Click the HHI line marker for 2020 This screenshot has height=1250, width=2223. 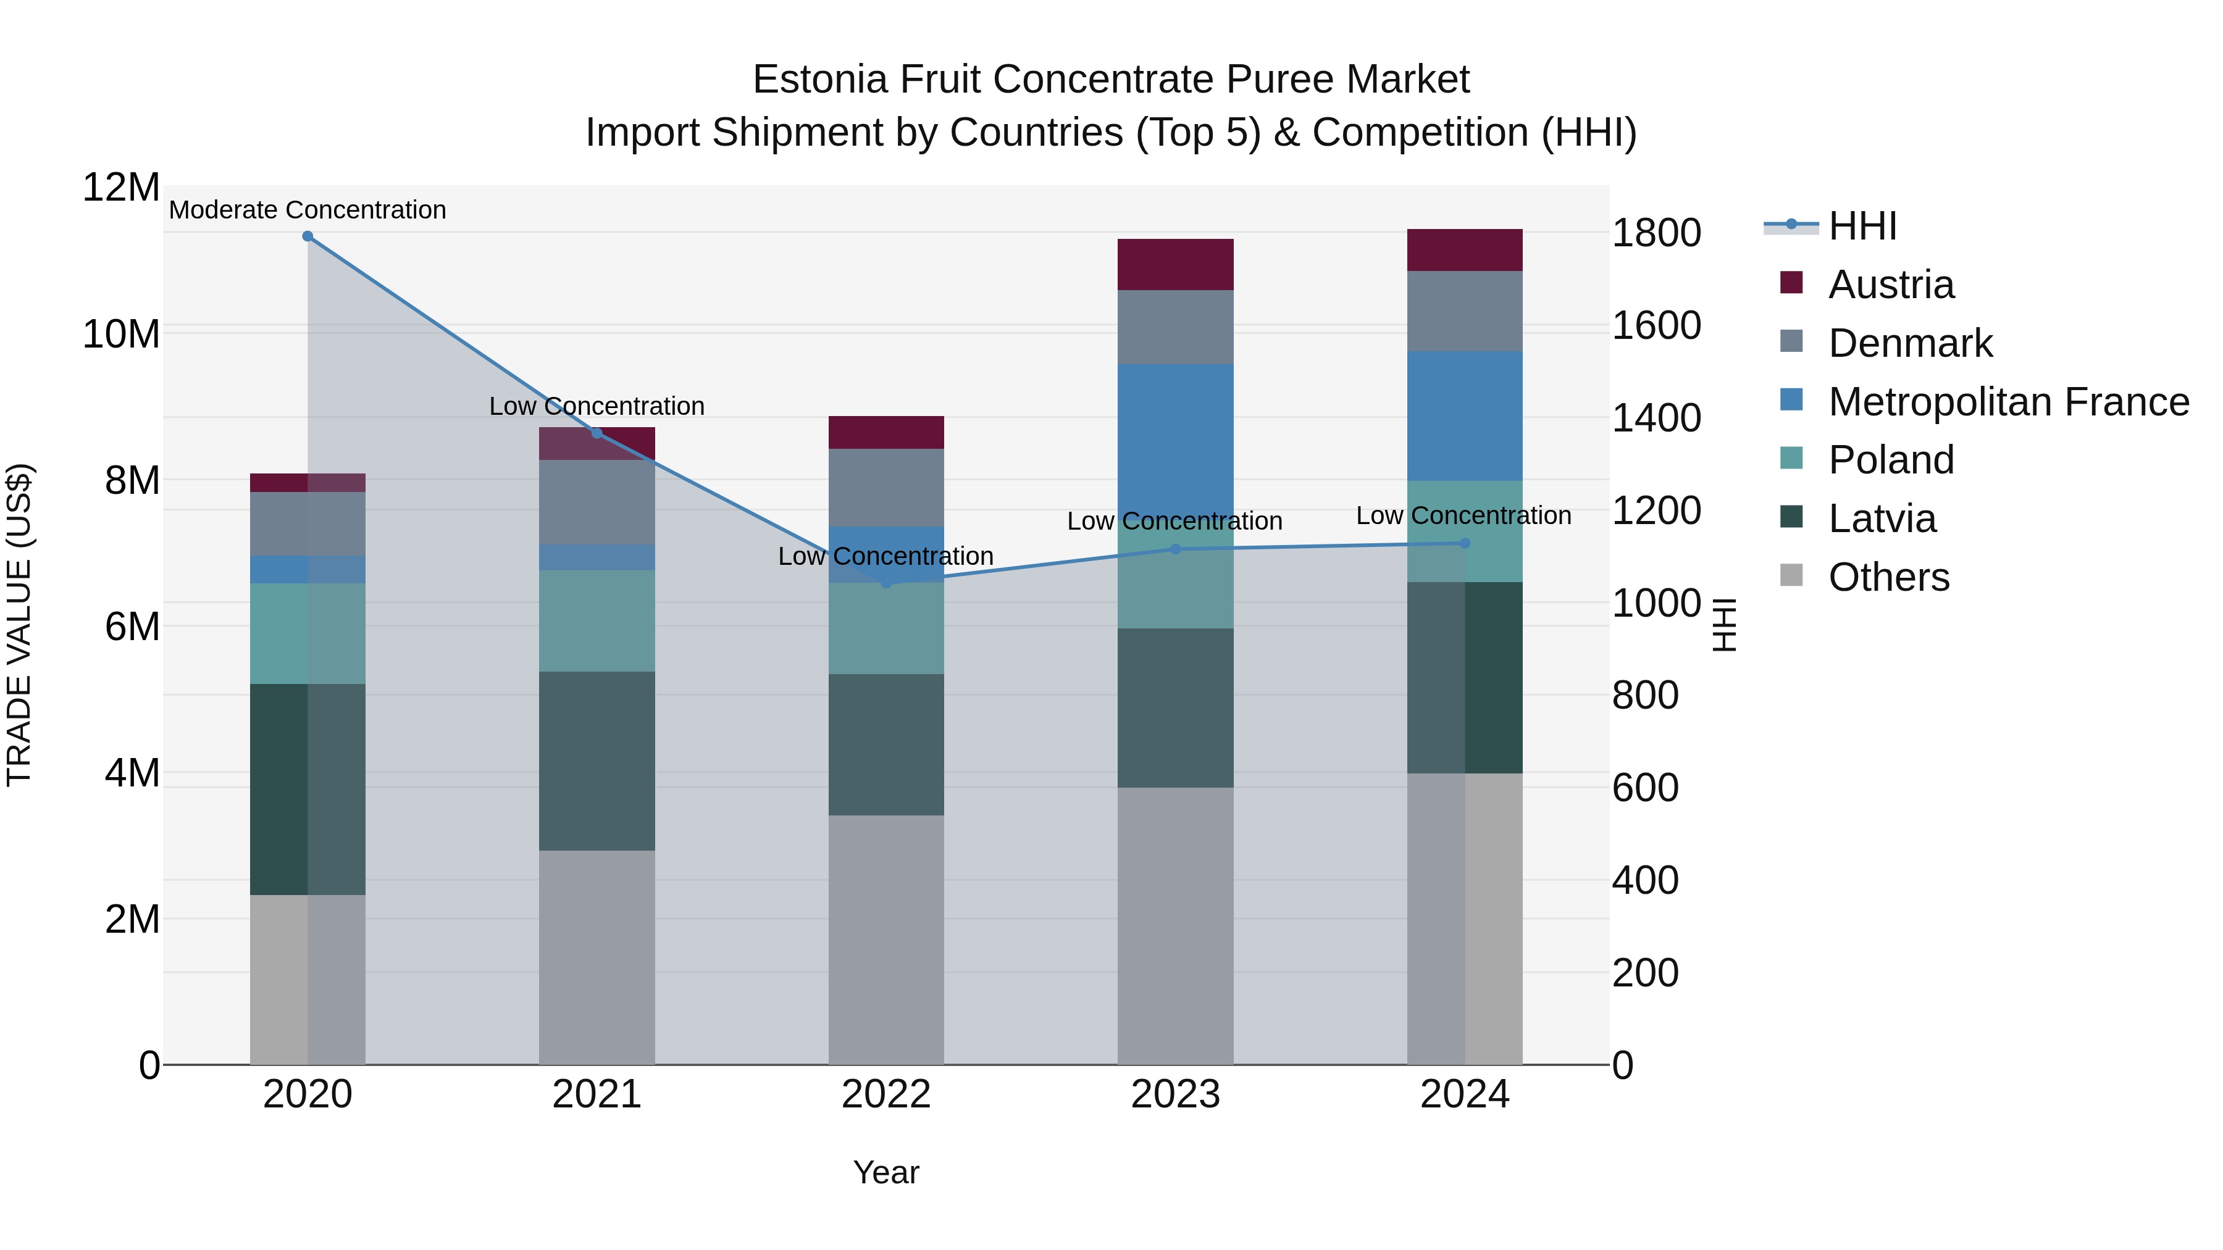308,236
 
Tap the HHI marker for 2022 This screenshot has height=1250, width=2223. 886,583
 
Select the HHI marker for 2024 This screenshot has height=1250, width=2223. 1465,543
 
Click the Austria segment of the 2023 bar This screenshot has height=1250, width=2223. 1175,264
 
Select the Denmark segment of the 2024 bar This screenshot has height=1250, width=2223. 1465,312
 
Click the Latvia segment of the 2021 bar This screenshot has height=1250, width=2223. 597,761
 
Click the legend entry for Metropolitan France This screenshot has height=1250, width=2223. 2008,402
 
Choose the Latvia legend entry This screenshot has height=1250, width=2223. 1882,519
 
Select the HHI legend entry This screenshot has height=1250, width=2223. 1862,226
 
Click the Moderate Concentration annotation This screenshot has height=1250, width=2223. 308,210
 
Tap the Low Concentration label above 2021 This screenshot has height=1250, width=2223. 597,406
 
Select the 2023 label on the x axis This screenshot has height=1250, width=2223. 1175,1094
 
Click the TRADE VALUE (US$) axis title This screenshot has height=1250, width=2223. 19,625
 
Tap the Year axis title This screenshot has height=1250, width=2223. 886,1172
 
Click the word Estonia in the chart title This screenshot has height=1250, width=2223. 820,80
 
